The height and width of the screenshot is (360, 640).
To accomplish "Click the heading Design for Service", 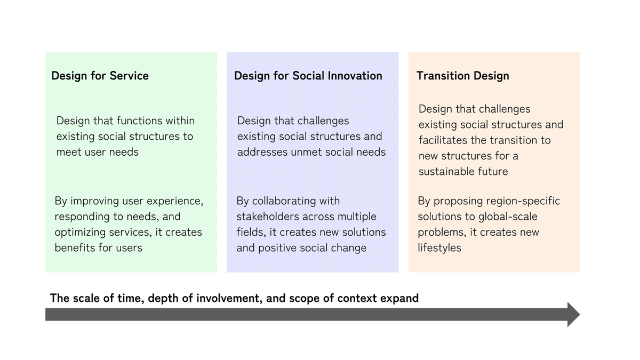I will point(100,76).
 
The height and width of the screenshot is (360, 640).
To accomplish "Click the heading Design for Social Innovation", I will point(308,76).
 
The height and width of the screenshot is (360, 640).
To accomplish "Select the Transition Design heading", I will point(462,76).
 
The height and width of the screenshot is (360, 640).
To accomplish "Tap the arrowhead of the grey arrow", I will point(573,314).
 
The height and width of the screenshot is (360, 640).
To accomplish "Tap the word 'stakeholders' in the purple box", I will point(268,217).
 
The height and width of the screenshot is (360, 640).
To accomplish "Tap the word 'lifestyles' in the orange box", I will point(439,248).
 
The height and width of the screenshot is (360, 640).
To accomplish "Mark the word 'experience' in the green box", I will point(177,201).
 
